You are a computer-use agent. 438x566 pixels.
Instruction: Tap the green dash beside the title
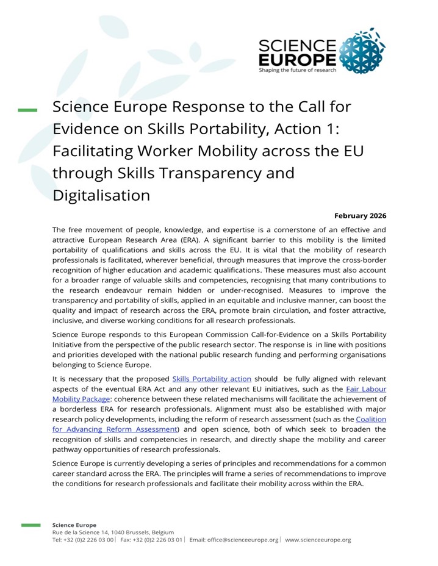click(27, 110)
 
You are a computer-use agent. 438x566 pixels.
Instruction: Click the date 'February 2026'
click(360, 216)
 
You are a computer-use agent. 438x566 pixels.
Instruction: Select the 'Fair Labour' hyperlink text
click(366, 389)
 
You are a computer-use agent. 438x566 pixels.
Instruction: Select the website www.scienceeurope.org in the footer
click(318, 540)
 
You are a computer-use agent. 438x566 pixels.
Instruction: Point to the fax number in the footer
click(160, 540)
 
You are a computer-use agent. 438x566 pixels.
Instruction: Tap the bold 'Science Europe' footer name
click(74, 525)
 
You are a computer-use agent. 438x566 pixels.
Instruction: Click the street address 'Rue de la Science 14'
click(83, 532)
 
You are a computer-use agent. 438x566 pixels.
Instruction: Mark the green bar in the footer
click(31, 525)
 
